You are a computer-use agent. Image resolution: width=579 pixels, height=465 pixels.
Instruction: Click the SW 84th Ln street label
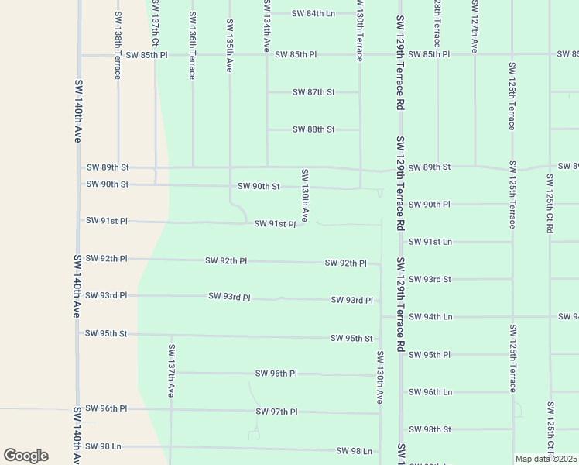coord(313,14)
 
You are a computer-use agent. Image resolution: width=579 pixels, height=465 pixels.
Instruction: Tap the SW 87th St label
coord(313,92)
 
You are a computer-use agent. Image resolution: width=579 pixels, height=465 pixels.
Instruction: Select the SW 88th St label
coord(313,129)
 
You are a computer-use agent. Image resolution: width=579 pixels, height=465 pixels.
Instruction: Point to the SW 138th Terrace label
coord(118,45)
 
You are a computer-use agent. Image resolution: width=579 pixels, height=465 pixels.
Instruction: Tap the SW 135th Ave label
coord(229,46)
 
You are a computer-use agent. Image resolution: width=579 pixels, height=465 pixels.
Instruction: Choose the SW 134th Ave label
coord(266,32)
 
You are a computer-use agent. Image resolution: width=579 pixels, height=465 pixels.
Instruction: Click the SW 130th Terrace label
coord(360,31)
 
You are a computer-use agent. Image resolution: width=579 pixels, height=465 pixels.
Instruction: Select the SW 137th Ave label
coord(171,370)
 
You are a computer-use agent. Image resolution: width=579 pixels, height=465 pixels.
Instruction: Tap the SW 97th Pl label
coord(277,412)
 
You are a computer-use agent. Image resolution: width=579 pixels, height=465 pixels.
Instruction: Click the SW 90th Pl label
coord(430,205)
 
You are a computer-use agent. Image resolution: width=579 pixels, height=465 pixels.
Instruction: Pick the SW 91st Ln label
coord(430,242)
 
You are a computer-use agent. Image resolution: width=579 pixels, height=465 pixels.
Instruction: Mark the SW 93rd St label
coord(430,279)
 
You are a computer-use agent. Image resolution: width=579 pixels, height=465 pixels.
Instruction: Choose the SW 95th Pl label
coord(430,355)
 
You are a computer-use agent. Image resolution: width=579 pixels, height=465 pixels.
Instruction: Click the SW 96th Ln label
coord(430,392)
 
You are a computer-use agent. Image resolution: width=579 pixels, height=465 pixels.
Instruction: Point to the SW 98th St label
coord(430,429)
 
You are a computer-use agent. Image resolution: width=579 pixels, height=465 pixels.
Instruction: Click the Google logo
coord(26,456)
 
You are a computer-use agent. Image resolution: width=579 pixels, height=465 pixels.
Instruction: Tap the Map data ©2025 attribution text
coord(546,459)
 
